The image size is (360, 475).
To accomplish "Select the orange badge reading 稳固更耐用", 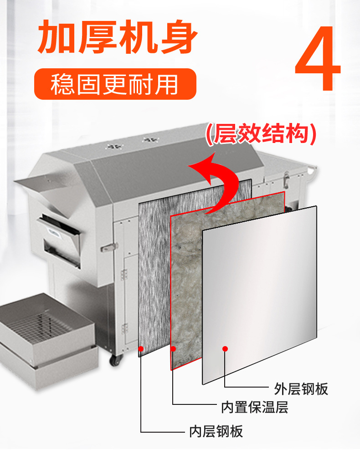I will (115, 84).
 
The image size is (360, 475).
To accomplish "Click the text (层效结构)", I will (261, 135).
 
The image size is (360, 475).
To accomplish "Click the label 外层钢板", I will (301, 388).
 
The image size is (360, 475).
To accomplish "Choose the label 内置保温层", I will (255, 407).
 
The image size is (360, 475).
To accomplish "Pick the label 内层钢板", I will (216, 431).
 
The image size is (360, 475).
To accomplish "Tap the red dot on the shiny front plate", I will (225, 349).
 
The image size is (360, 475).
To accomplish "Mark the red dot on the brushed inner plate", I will (141, 349).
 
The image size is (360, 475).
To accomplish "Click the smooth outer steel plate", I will (260, 291).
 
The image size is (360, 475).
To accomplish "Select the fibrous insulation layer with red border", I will (187, 291).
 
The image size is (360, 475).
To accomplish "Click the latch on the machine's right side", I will (286, 180).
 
